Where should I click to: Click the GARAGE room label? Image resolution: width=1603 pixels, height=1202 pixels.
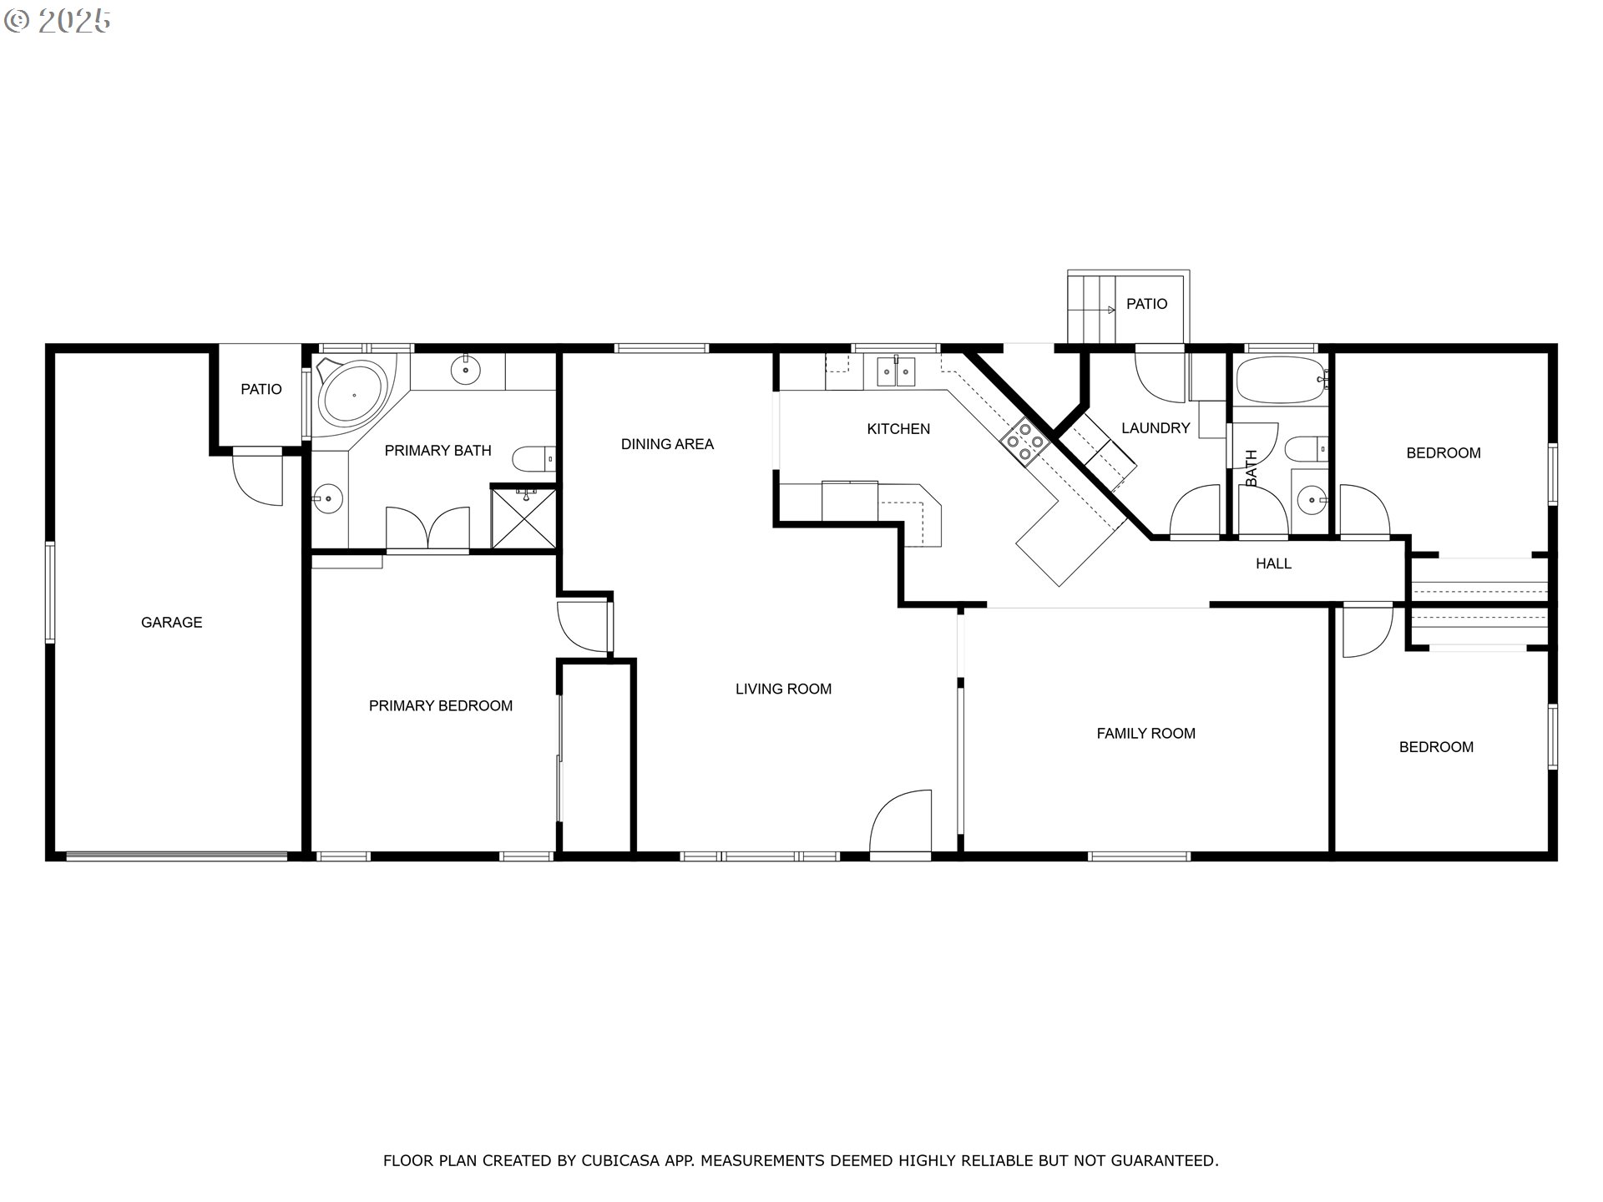[x=171, y=622]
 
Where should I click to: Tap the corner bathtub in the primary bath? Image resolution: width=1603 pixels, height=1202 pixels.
[x=352, y=395]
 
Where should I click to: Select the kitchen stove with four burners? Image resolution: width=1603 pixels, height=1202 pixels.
[x=1025, y=441]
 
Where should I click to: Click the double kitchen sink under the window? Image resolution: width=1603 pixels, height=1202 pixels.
[x=896, y=371]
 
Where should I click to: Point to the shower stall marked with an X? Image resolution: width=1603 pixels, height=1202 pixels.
[x=523, y=519]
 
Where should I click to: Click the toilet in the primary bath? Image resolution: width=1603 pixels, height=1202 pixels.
[x=532, y=458]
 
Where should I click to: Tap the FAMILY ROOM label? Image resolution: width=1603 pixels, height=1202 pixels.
[x=1145, y=733]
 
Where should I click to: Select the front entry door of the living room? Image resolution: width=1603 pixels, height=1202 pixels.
[x=902, y=822]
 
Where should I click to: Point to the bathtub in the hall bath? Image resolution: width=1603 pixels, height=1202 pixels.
[x=1279, y=381]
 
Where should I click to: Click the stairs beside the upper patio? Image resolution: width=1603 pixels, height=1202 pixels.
[x=1091, y=306]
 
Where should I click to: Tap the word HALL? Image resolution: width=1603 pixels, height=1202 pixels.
[x=1273, y=563]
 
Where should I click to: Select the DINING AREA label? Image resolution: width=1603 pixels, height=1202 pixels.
[x=667, y=444]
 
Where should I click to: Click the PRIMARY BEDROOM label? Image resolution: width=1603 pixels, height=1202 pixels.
[x=440, y=705]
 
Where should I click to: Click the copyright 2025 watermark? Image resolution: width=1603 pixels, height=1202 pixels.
[x=58, y=21]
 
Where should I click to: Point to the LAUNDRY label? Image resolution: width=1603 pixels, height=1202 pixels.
[x=1155, y=428]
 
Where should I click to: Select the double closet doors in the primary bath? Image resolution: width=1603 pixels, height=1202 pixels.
[x=427, y=528]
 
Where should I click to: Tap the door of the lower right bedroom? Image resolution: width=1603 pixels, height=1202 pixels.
[x=1366, y=630]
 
